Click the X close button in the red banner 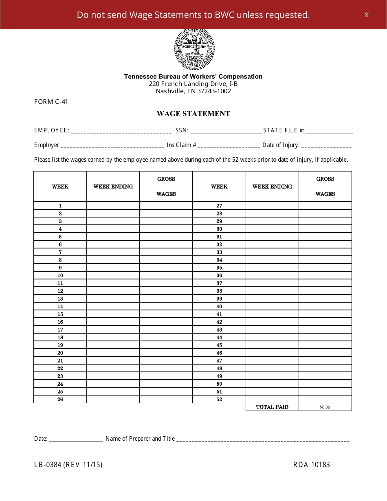click(366, 15)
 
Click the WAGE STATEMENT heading click(193, 114)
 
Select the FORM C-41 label click(51, 102)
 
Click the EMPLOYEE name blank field click(121, 131)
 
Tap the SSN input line click(226, 131)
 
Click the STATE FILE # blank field click(329, 131)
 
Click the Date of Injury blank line click(326, 145)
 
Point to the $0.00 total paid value click(325, 407)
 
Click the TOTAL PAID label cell click(272, 407)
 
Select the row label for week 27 click(219, 206)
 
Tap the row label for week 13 click(60, 299)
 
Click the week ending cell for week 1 click(113, 206)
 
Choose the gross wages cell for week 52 click(325, 399)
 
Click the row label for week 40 click(219, 306)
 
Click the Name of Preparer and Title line click(263, 439)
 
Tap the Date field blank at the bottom click(76, 439)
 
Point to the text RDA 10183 click(312, 465)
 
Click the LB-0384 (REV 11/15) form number click(68, 465)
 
